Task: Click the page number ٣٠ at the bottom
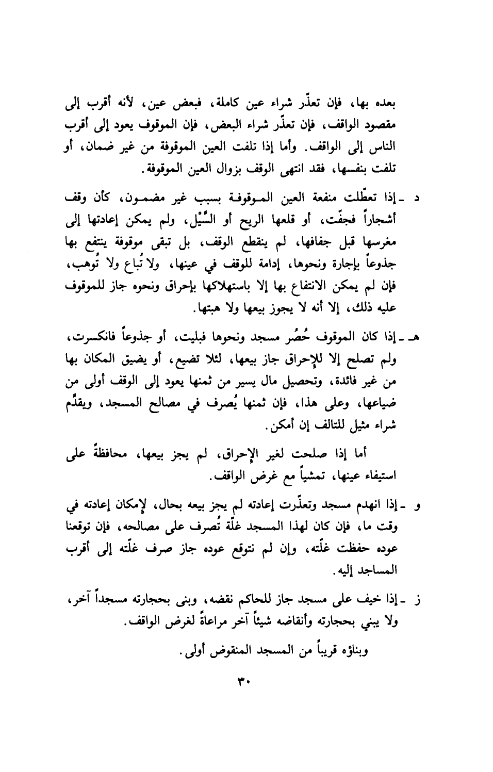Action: point(242,682)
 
